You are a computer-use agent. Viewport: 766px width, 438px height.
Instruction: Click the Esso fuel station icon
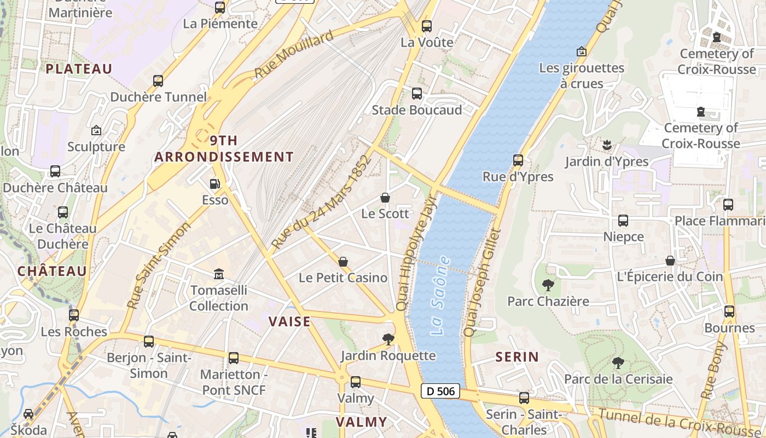pos(215,184)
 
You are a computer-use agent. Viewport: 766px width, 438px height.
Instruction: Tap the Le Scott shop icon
pos(385,198)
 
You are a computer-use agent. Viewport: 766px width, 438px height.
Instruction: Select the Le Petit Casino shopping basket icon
pos(343,262)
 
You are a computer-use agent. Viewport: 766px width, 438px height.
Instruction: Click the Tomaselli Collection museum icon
pos(219,273)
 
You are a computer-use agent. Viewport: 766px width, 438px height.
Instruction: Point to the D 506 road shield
pos(440,391)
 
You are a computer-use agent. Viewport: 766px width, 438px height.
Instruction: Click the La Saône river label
pos(441,296)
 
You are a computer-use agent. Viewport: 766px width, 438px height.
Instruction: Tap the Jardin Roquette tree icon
pos(388,339)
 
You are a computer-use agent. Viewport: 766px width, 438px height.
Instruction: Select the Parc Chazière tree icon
pos(547,285)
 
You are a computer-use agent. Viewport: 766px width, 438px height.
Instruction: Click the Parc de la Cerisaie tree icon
pos(618,362)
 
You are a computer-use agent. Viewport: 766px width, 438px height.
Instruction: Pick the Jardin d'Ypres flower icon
pos(606,145)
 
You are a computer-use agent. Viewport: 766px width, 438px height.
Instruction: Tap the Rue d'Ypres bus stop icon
pos(518,160)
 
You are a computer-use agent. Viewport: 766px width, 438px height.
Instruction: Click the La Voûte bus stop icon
pos(427,26)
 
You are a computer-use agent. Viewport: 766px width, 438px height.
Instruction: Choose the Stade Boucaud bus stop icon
pos(417,94)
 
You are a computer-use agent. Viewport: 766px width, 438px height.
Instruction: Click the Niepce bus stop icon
pos(623,221)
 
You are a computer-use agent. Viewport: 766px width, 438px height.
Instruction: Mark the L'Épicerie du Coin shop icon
pos(670,261)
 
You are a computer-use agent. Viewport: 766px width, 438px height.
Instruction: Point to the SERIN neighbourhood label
pos(517,357)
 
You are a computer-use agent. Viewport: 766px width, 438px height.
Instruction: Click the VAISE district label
pos(289,321)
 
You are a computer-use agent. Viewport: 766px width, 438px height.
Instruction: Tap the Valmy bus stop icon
pos(356,382)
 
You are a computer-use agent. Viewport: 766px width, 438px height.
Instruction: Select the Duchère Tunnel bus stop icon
pos(158,81)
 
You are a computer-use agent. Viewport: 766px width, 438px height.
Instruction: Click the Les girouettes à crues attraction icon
pos(582,51)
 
